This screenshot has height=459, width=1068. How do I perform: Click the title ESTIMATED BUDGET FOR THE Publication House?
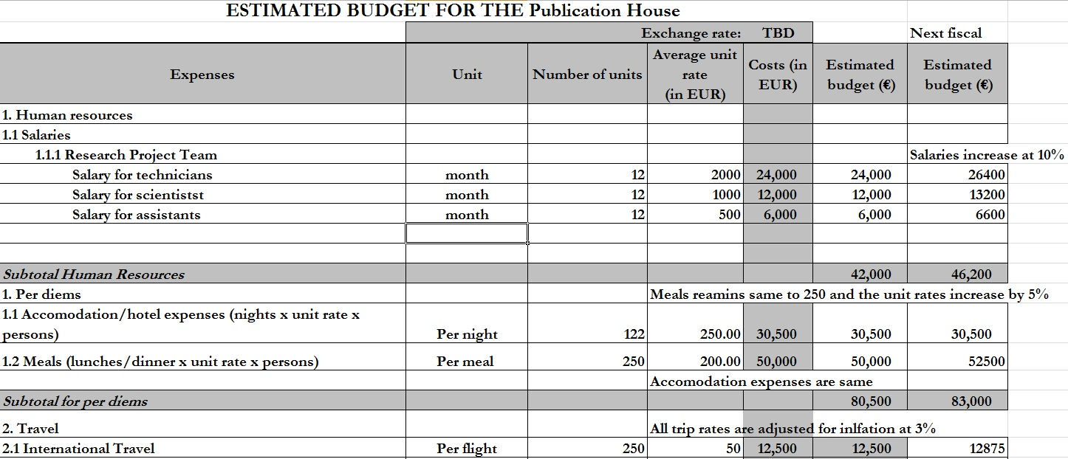coord(452,10)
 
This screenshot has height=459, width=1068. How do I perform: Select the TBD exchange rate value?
coord(778,33)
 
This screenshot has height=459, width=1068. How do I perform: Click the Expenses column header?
coord(202,75)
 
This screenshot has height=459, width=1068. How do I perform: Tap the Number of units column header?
coord(587,75)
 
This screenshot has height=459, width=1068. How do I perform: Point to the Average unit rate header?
coord(694,75)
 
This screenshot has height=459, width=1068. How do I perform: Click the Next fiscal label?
coord(945,33)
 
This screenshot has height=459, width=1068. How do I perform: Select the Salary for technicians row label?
coord(142,175)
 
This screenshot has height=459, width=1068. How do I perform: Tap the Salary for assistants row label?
coord(136,215)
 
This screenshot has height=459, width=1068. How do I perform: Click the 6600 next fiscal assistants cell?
coord(990,215)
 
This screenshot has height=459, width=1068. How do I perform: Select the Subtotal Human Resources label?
coord(94,275)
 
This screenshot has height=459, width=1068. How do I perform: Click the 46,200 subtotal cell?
coord(971,275)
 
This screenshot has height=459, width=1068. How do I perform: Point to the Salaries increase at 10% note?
coord(987,155)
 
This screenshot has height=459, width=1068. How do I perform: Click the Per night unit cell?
coord(467,334)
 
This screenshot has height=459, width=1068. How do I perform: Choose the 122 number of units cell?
coord(634,334)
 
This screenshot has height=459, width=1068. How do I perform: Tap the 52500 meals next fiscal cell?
coord(986,362)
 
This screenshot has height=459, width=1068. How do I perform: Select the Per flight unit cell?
coord(467,449)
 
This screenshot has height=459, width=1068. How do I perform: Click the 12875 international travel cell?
coord(986,449)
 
